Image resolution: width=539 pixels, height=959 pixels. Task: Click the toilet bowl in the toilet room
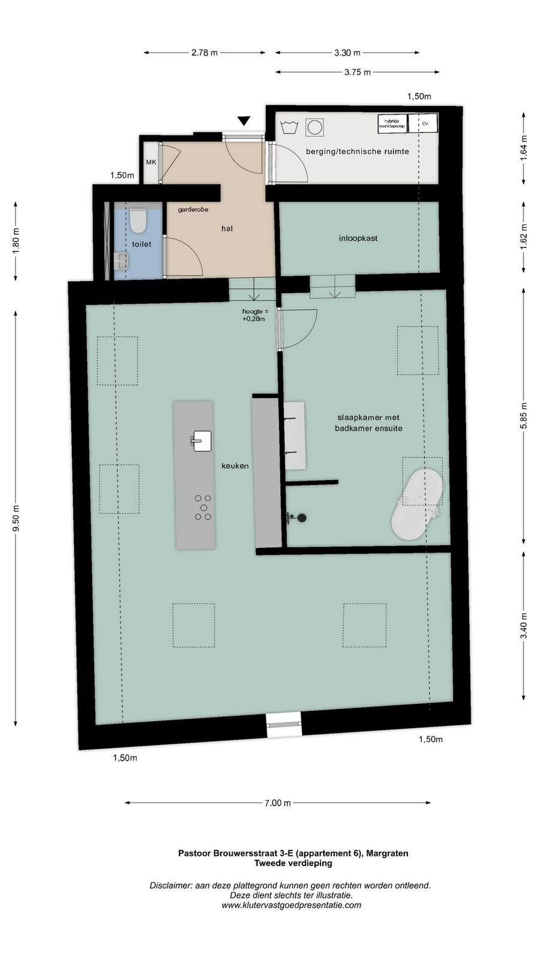click(138, 220)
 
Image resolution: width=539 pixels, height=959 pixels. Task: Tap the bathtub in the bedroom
click(417, 503)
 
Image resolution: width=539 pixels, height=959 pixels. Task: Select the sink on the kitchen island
click(201, 441)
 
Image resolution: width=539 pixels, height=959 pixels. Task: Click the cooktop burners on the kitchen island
click(203, 508)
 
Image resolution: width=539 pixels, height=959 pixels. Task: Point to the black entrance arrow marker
click(244, 120)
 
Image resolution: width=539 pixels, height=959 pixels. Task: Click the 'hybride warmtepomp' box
click(392, 123)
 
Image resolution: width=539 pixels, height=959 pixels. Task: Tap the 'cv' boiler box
click(423, 123)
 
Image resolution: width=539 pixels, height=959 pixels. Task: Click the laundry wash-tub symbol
click(289, 127)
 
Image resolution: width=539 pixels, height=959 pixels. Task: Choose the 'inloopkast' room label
click(358, 239)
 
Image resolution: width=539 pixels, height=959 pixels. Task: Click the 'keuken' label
click(235, 466)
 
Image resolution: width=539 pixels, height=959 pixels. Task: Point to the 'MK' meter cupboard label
click(151, 162)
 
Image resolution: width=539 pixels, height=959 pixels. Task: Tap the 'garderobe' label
click(193, 210)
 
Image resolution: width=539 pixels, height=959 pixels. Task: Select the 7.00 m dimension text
click(278, 803)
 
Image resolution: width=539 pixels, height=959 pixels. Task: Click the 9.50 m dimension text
click(16, 518)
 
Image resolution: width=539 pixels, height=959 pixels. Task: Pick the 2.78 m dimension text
click(204, 53)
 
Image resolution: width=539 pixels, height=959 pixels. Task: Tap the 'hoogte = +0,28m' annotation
click(255, 315)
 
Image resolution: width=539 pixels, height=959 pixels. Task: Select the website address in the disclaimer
click(291, 905)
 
